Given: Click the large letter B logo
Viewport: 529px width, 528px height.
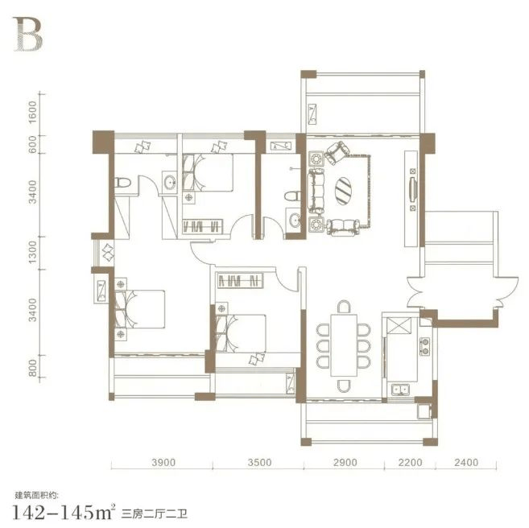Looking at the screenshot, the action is pos(28,35).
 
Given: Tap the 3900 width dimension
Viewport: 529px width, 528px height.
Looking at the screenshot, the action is pos(163,462).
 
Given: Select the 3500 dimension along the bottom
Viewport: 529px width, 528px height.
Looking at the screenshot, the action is pos(259,462).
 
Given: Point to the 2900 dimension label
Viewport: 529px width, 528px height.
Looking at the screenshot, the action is pos(345,462).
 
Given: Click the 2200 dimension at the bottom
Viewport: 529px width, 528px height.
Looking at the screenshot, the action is pos(411,462).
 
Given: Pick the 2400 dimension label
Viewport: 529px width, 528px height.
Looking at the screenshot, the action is pos(466,462).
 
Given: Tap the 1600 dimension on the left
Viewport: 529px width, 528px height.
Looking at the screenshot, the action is pos(32,112).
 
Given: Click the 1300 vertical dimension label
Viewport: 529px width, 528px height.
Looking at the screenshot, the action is pos(32,252).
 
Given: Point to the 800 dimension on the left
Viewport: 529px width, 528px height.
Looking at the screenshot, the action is pos(32,368).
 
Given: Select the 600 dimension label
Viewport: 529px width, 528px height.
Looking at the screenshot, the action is pos(32,144).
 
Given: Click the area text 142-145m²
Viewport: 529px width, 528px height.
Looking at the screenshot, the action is pos(64,513).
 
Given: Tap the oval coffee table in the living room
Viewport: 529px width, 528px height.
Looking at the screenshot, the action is pos(343,191).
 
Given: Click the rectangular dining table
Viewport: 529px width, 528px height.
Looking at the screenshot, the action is pos(344,345).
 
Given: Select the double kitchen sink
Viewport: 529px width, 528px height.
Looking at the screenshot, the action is pos(400,390).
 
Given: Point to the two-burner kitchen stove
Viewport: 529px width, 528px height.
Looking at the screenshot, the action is pos(425,346).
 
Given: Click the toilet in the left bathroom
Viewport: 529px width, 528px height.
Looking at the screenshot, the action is pos(122,183).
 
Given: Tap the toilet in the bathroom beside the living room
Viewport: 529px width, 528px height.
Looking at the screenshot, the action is pos(292,196).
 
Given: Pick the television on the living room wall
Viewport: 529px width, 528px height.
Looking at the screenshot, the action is pos(412,189).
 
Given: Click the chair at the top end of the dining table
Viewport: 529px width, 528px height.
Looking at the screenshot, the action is pos(344,307).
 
